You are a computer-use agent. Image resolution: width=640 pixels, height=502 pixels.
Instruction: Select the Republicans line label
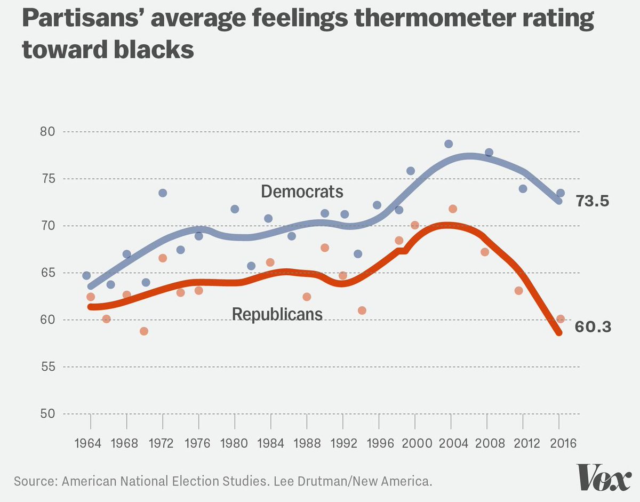point(277,314)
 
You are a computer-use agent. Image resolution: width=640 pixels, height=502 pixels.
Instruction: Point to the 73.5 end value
point(592,202)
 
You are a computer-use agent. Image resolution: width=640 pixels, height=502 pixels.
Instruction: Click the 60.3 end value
point(592,326)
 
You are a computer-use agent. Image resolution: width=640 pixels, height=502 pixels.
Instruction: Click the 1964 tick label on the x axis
point(90,443)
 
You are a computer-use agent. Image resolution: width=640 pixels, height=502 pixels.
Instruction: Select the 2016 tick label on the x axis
point(559,443)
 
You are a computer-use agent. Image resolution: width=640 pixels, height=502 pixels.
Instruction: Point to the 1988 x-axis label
point(307,443)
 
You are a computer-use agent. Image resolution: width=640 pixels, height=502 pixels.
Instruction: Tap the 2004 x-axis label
point(451,443)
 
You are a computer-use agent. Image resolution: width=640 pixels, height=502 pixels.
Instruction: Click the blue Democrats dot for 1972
point(163,193)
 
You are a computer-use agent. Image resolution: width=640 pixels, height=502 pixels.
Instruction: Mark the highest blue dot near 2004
point(449,144)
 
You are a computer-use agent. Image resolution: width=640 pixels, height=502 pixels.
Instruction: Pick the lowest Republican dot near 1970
point(144,331)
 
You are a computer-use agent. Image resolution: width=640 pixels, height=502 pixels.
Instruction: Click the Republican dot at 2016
point(561,319)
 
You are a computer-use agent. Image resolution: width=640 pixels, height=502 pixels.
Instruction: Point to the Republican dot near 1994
point(362,310)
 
